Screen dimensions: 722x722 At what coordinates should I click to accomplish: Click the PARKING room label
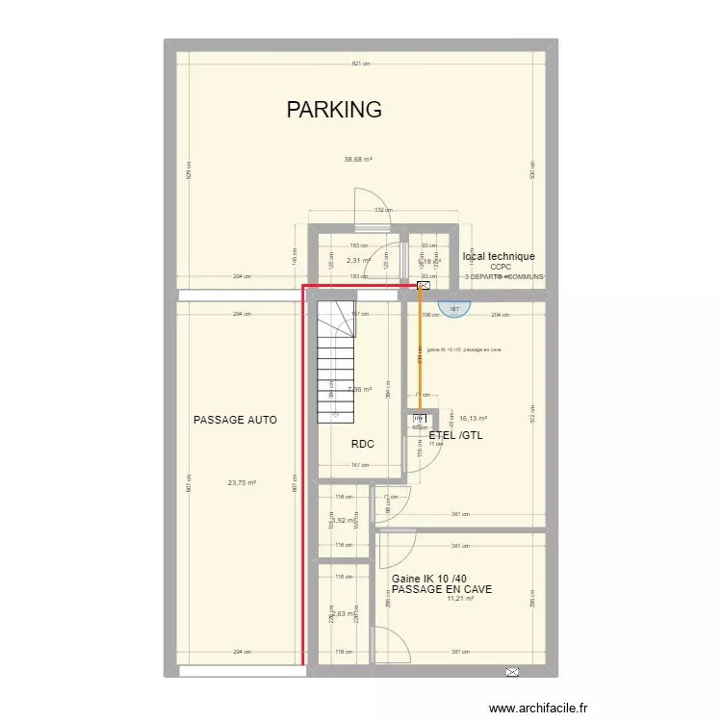coord(334,110)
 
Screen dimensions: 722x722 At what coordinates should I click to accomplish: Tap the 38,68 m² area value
coord(358,160)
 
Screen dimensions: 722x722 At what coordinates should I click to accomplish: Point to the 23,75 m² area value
coord(242,483)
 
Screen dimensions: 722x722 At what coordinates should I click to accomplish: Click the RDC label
coord(362,444)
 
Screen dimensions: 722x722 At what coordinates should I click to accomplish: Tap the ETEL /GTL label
coord(455,435)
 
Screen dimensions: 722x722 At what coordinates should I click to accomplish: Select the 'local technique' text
coord(499,256)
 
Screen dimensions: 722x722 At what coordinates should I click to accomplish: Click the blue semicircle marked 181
coord(454,308)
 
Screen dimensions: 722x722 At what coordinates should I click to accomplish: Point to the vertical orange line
coord(420,356)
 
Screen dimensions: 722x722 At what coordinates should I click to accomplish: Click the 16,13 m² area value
coord(473,419)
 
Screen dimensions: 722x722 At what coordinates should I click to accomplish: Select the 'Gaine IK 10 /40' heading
coord(429,578)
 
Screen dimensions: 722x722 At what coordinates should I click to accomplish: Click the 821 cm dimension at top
coord(361,64)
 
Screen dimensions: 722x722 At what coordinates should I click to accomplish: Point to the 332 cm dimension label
coord(382,210)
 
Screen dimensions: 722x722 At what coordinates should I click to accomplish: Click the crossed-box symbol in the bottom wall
coord(512,671)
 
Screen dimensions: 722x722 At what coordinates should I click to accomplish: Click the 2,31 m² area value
coord(358,260)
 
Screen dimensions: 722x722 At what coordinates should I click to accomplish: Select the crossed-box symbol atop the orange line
coord(423,285)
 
